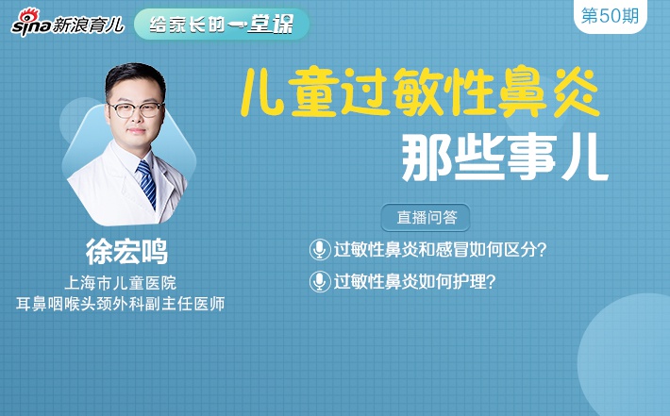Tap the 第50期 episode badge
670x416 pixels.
611,16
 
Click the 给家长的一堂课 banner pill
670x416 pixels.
222,25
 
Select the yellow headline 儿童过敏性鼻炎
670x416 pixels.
420,92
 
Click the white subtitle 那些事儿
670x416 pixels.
505,158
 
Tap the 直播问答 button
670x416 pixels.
426,217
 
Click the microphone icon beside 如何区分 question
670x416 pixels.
320,249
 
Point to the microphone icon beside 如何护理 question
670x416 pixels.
320,282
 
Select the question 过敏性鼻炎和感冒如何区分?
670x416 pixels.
440,249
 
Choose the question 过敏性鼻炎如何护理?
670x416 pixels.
414,282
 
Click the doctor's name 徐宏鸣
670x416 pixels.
126,252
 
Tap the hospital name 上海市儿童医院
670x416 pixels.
121,283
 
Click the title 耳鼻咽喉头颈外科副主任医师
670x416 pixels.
121,304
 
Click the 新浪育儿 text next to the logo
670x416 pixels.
88,25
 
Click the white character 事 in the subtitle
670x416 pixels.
530,158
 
